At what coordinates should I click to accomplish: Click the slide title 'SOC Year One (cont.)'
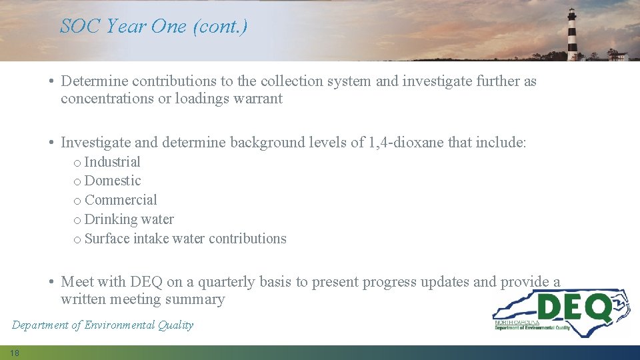point(153,26)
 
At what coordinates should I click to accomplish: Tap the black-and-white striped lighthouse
point(572,35)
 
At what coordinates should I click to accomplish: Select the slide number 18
point(15,353)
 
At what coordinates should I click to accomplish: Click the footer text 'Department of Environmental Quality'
point(103,325)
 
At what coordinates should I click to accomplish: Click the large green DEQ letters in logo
point(573,307)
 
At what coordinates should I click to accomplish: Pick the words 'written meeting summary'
point(143,299)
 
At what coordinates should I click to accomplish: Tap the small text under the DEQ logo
point(532,325)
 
